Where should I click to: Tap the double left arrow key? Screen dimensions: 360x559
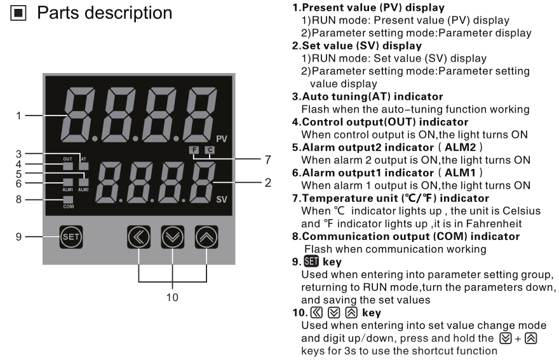pos(139,237)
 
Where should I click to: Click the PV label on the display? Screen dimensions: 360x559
pos(221,138)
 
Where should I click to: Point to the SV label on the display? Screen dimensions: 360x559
pos(221,199)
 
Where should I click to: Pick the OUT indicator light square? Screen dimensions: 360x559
pos(67,166)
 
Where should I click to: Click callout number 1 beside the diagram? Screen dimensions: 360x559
pos(20,116)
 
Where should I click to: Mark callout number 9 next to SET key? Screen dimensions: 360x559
pos(20,237)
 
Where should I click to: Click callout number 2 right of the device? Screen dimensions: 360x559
pos(268,182)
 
